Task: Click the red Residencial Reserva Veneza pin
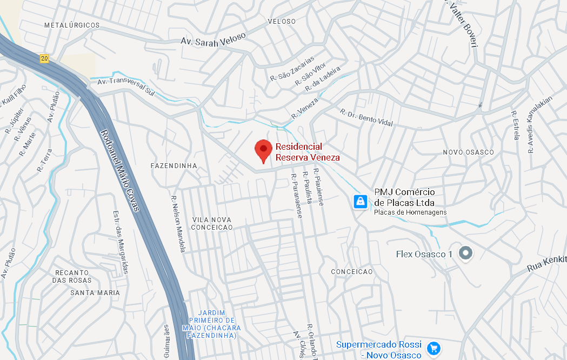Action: [263, 150]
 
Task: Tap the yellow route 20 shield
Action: [44, 58]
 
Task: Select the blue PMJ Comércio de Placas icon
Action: [360, 202]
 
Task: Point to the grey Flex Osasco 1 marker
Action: [465, 253]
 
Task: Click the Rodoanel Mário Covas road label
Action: [120, 170]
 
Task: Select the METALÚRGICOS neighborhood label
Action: [72, 25]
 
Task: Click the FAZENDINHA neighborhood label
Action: [174, 165]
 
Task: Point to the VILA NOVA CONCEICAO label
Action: [212, 223]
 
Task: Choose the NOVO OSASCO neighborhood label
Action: [468, 152]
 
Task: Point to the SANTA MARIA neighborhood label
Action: [95, 292]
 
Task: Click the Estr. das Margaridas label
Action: [121, 242]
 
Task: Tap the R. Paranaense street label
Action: [296, 196]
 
